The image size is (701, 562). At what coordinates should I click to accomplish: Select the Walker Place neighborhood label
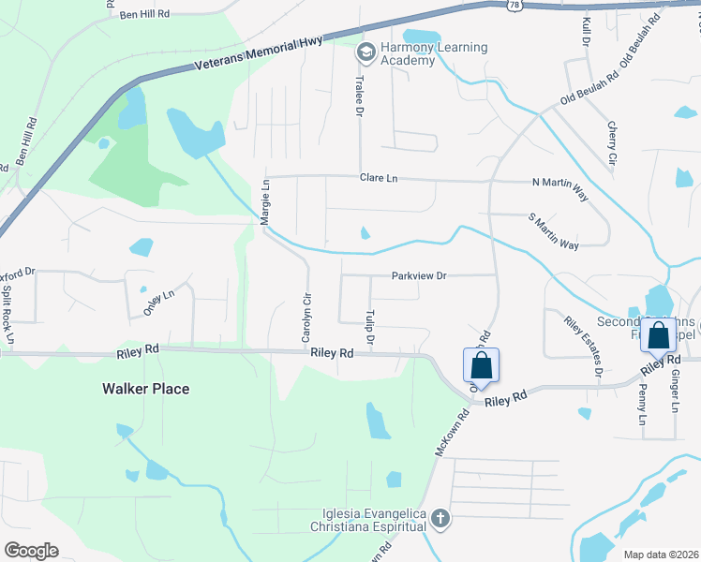(145, 388)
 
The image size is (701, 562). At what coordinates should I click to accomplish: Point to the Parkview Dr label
(419, 275)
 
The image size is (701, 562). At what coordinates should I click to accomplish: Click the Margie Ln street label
(265, 200)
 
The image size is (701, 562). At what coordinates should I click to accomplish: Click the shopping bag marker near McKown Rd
(481, 365)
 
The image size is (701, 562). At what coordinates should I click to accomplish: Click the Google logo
(30, 550)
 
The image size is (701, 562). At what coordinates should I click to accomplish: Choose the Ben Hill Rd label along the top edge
(144, 15)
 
